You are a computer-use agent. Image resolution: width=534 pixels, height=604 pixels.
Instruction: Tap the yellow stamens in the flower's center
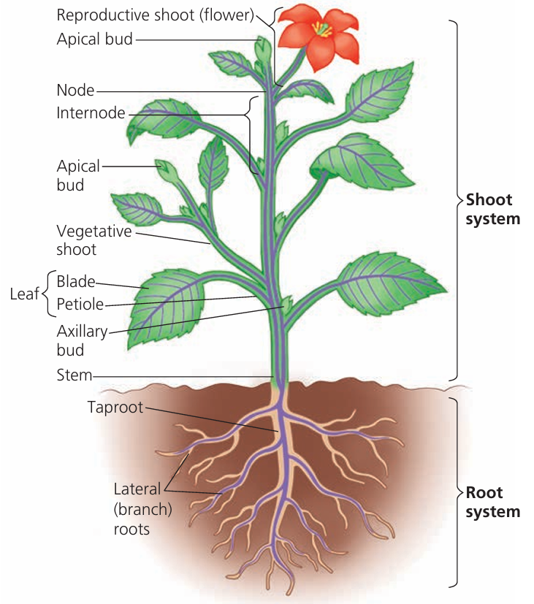[321, 29]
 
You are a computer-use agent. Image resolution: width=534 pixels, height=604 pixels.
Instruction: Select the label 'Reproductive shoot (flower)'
[155, 15]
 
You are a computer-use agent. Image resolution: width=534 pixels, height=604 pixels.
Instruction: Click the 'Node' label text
[75, 91]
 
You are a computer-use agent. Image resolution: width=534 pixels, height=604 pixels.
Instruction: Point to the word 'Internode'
[91, 113]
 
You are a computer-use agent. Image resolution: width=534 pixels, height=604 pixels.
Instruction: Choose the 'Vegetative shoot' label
[94, 240]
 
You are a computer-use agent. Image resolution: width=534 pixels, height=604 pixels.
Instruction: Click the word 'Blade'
[75, 281]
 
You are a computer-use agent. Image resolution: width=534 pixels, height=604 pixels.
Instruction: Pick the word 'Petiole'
[80, 304]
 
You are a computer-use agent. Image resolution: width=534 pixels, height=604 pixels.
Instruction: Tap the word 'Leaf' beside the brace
[23, 294]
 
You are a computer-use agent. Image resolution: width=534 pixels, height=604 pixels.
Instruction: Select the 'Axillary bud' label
[82, 340]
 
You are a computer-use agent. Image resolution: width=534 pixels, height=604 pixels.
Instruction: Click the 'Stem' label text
[75, 375]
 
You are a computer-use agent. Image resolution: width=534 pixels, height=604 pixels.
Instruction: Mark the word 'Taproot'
[115, 407]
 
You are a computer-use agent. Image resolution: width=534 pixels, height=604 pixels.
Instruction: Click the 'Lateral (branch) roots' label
[142, 509]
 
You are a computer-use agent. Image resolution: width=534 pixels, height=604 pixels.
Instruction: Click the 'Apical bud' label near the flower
[95, 39]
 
